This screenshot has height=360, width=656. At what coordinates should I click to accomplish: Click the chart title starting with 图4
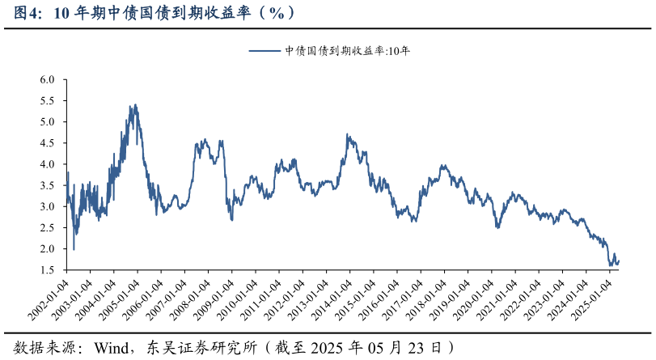pyautogui.click(x=154, y=13)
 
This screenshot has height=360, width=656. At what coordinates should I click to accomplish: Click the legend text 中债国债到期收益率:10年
pyautogui.click(x=348, y=51)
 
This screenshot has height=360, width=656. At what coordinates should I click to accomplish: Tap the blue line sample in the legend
pyautogui.click(x=264, y=51)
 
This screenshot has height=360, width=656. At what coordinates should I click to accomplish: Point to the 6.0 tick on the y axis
pyautogui.click(x=47, y=80)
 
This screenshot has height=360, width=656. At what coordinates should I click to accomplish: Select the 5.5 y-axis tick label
pyautogui.click(x=47, y=101)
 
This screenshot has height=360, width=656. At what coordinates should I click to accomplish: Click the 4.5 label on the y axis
pyautogui.click(x=47, y=143)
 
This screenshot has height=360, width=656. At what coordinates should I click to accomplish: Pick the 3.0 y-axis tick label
pyautogui.click(x=47, y=206)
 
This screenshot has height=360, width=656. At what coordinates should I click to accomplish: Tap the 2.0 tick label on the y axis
pyautogui.click(x=47, y=248)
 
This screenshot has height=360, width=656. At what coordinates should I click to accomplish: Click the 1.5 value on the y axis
pyautogui.click(x=47, y=269)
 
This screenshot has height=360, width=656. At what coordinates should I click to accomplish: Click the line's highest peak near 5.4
pyautogui.click(x=135, y=104)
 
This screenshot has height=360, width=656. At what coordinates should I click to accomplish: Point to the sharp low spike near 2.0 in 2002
pyautogui.click(x=74, y=249)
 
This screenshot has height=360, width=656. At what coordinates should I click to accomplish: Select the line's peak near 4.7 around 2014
pyautogui.click(x=347, y=134)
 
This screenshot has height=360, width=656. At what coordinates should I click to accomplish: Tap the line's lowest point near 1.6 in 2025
pyautogui.click(x=610, y=265)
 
